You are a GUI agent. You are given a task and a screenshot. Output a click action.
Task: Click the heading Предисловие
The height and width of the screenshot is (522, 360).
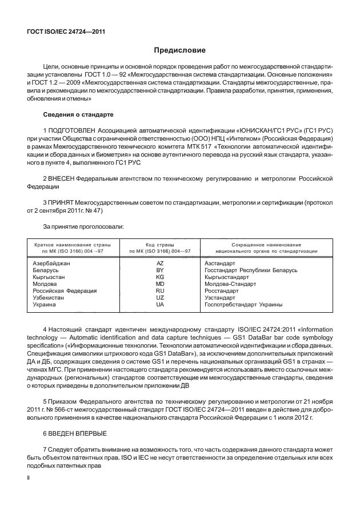click(x=179, y=51)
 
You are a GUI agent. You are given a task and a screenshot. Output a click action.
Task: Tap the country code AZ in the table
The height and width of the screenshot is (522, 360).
click(x=160, y=263)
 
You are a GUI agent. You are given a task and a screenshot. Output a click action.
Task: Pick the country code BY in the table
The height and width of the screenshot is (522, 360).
click(x=160, y=270)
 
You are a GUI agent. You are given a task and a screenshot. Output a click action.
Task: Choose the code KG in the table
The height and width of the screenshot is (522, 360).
click(x=160, y=277)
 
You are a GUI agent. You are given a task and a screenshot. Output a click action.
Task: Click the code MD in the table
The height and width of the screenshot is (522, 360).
click(x=160, y=284)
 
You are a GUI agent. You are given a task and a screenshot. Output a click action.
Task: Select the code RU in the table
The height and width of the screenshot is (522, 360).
click(x=160, y=291)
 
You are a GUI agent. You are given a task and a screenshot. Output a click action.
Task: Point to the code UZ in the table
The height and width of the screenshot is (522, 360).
click(x=160, y=298)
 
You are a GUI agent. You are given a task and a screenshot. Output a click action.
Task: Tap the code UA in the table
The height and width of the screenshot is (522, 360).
click(x=160, y=305)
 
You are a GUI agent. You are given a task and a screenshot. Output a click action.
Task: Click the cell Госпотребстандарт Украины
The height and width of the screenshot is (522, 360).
click(x=243, y=305)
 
